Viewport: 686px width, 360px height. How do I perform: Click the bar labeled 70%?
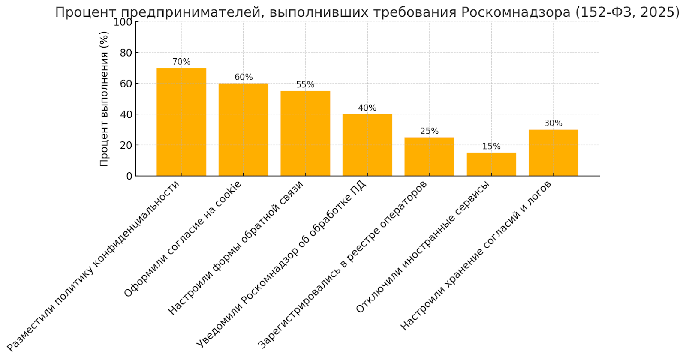pyautogui.click(x=181, y=122)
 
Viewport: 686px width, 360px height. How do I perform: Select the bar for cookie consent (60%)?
pyautogui.click(x=243, y=130)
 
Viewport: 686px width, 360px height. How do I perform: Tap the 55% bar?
pyautogui.click(x=305, y=134)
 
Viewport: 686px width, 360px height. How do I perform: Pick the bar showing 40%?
pyautogui.click(x=367, y=145)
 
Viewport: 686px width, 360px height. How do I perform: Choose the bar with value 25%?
pyautogui.click(x=429, y=157)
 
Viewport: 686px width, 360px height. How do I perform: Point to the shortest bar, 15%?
pyautogui.click(x=491, y=165)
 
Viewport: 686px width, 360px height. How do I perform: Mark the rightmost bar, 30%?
pyautogui.click(x=553, y=153)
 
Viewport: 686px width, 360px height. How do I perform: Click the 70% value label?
pyautogui.click(x=181, y=62)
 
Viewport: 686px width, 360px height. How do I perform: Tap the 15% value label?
pyautogui.click(x=491, y=147)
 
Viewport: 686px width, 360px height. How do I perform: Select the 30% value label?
pyautogui.click(x=553, y=123)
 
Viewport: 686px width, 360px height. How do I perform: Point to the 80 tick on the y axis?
pyautogui.click(x=126, y=53)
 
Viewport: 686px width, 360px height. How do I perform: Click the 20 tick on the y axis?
pyautogui.click(x=126, y=145)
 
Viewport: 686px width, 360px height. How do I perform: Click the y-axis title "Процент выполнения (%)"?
pyautogui.click(x=104, y=99)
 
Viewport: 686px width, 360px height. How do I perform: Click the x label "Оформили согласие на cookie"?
pyautogui.click(x=183, y=239)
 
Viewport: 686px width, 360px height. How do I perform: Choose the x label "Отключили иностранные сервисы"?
pyautogui.click(x=423, y=247)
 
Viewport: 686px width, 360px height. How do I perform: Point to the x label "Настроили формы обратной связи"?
pyautogui.click(x=236, y=248)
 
